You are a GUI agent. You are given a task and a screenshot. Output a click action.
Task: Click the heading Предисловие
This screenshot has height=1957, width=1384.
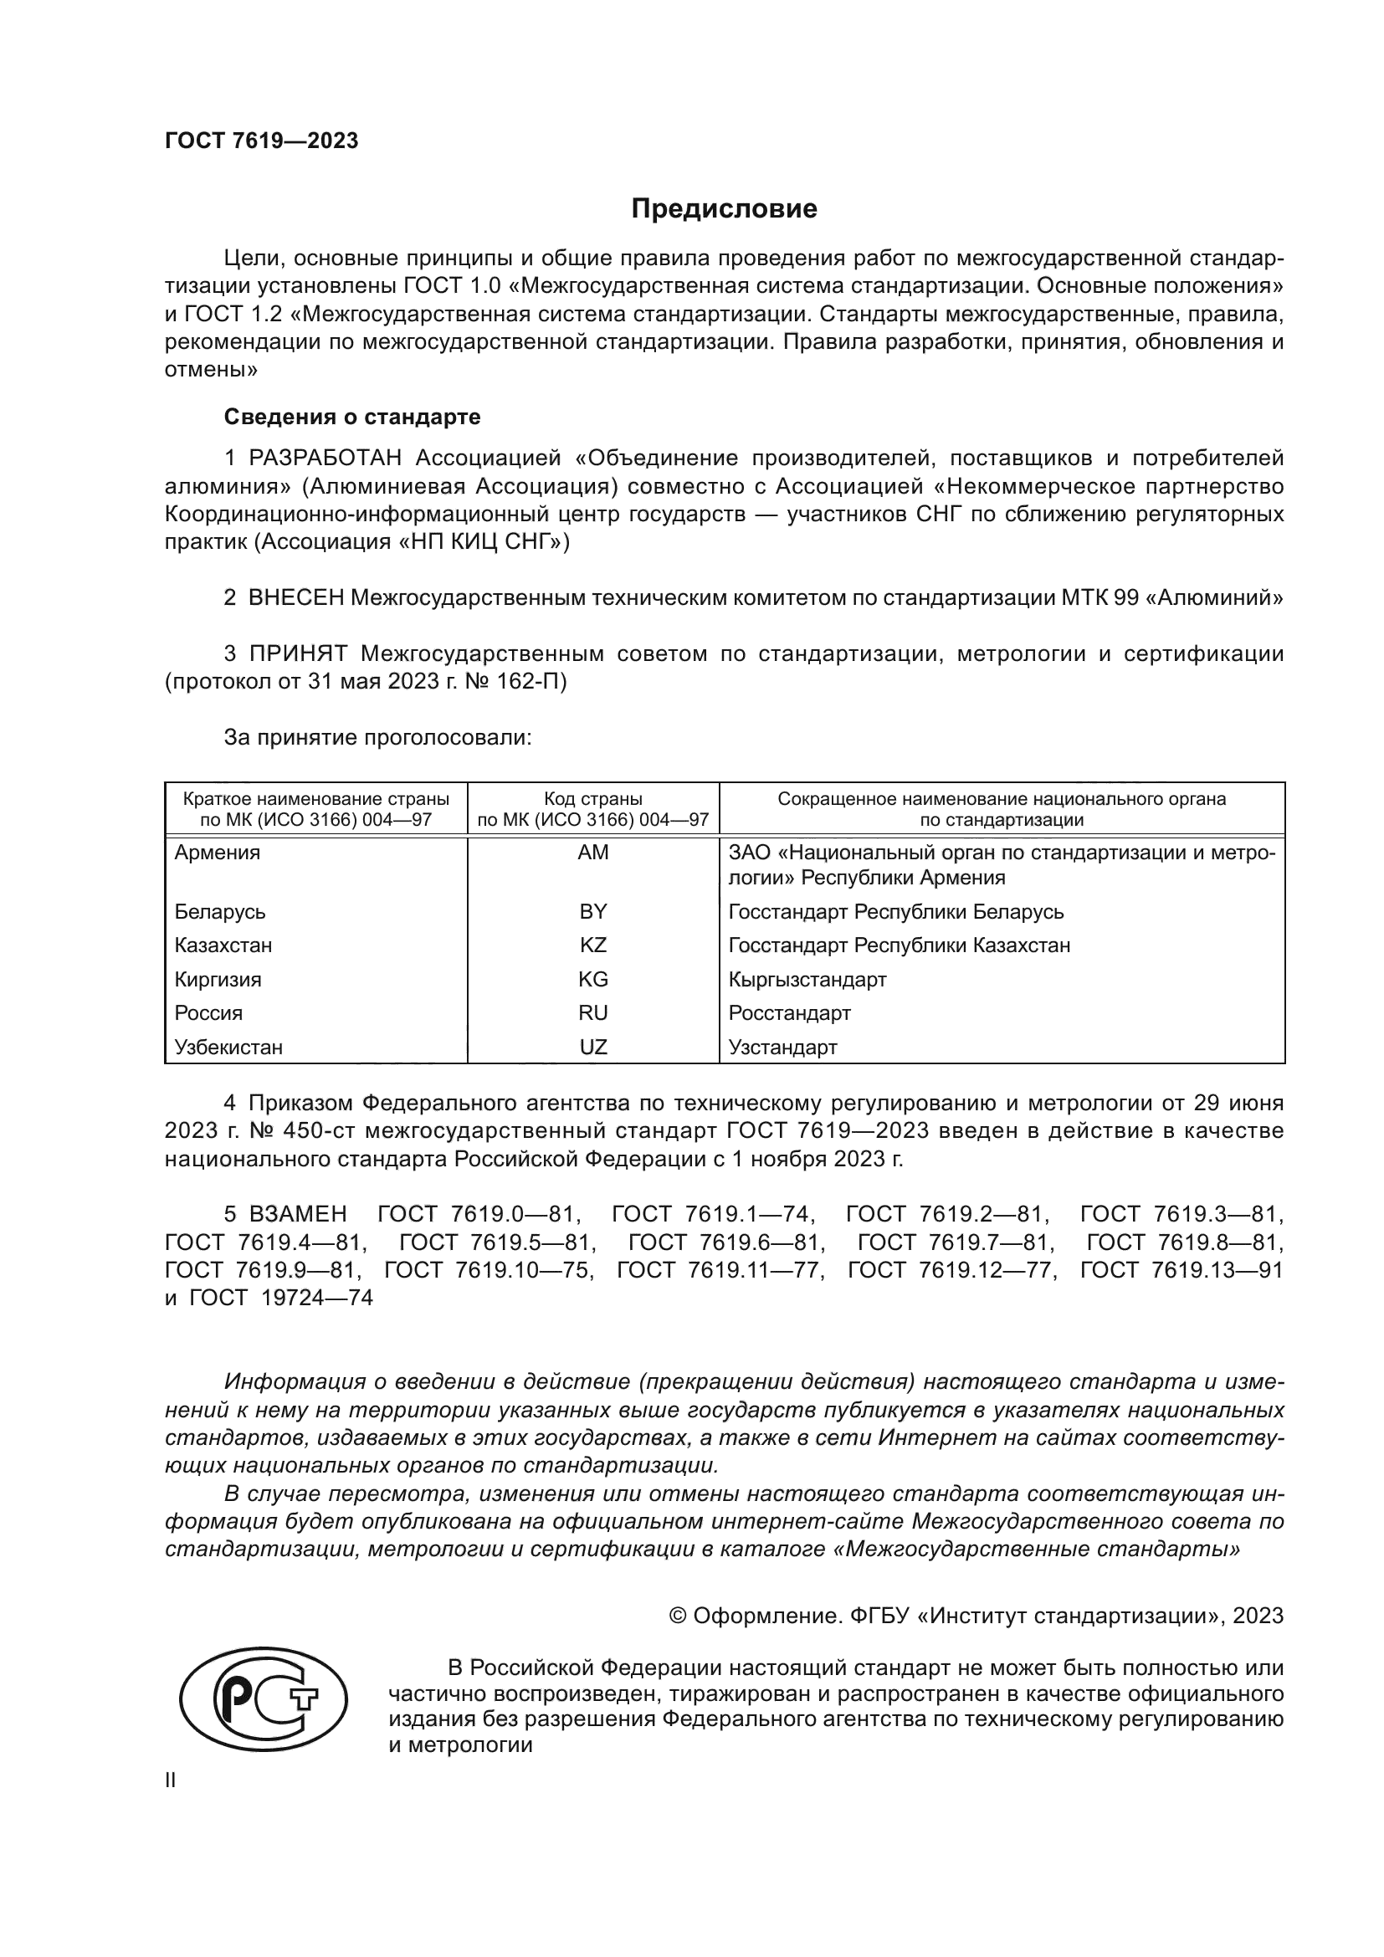(724, 209)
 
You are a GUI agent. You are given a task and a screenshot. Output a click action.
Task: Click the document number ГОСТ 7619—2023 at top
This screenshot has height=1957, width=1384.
(262, 141)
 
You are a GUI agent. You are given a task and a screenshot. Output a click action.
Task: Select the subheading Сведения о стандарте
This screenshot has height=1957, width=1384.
(352, 417)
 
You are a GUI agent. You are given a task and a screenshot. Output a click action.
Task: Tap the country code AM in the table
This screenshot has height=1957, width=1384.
(593, 853)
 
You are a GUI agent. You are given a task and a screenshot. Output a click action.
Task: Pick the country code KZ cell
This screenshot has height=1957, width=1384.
(593, 945)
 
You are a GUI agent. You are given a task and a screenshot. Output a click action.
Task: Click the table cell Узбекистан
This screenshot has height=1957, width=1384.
(228, 1048)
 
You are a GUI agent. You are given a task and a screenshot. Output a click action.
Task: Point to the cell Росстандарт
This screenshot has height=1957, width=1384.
(789, 1013)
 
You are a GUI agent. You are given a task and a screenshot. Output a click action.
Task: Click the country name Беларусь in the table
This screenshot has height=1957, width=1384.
(220, 912)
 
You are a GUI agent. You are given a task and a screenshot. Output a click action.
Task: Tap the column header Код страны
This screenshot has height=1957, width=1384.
(593, 800)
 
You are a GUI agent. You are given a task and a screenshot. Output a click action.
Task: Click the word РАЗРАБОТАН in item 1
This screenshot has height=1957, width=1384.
(325, 459)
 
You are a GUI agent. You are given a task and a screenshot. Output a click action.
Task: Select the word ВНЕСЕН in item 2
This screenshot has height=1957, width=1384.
(295, 598)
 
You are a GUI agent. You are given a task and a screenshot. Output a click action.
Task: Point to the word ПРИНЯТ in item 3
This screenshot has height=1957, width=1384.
(298, 653)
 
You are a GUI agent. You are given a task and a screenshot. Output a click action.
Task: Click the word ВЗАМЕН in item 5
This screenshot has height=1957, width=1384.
(297, 1214)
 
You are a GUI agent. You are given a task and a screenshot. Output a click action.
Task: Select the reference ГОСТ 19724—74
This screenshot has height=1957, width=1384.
(281, 1299)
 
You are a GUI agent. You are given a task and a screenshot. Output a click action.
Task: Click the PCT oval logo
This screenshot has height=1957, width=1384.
(264, 1705)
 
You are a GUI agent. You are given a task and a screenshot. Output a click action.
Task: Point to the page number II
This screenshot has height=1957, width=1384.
(171, 1780)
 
